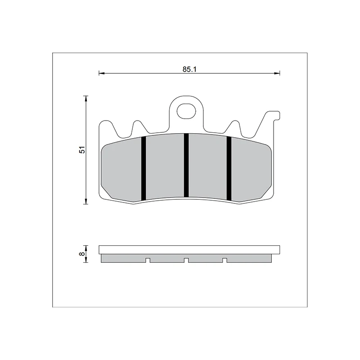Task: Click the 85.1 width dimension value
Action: coord(189,69)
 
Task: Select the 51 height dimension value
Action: coord(82,150)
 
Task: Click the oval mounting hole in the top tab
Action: coord(186,111)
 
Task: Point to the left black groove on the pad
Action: coord(144,168)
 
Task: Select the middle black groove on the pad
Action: coord(186,165)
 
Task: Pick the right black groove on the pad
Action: coord(229,168)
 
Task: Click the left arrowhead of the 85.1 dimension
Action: coord(102,73)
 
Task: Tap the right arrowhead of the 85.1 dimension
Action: coord(277,73)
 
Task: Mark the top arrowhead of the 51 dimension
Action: coord(86,99)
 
